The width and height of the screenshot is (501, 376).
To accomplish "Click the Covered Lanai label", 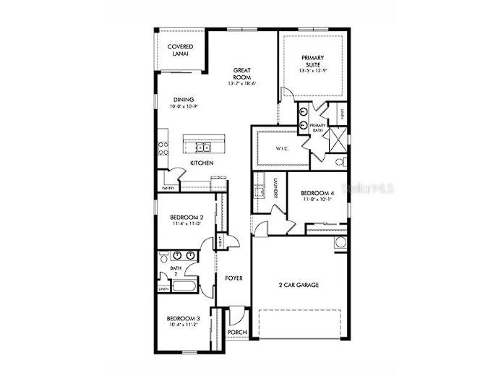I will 179,50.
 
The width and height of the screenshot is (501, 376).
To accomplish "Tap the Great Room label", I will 242,72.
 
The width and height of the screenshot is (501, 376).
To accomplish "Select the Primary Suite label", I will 312,61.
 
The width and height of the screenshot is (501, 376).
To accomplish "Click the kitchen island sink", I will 203,148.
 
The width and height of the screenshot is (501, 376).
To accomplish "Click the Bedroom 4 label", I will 317,193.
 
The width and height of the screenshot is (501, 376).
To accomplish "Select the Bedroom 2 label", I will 186,218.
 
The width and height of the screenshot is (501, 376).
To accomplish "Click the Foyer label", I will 233,278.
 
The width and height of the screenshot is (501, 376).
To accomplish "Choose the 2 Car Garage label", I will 298,284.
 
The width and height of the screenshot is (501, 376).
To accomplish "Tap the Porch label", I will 236,333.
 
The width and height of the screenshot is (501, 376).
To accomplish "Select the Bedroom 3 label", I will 182,319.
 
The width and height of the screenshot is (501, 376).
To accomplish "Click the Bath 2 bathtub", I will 181,288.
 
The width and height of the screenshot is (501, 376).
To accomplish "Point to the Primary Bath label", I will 318,128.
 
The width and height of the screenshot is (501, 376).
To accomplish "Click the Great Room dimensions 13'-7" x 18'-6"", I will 242,83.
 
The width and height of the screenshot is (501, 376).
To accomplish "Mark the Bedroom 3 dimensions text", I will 182,326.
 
